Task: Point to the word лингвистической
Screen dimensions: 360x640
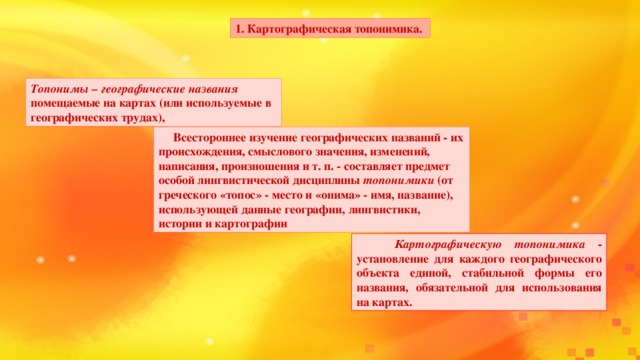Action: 243,181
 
